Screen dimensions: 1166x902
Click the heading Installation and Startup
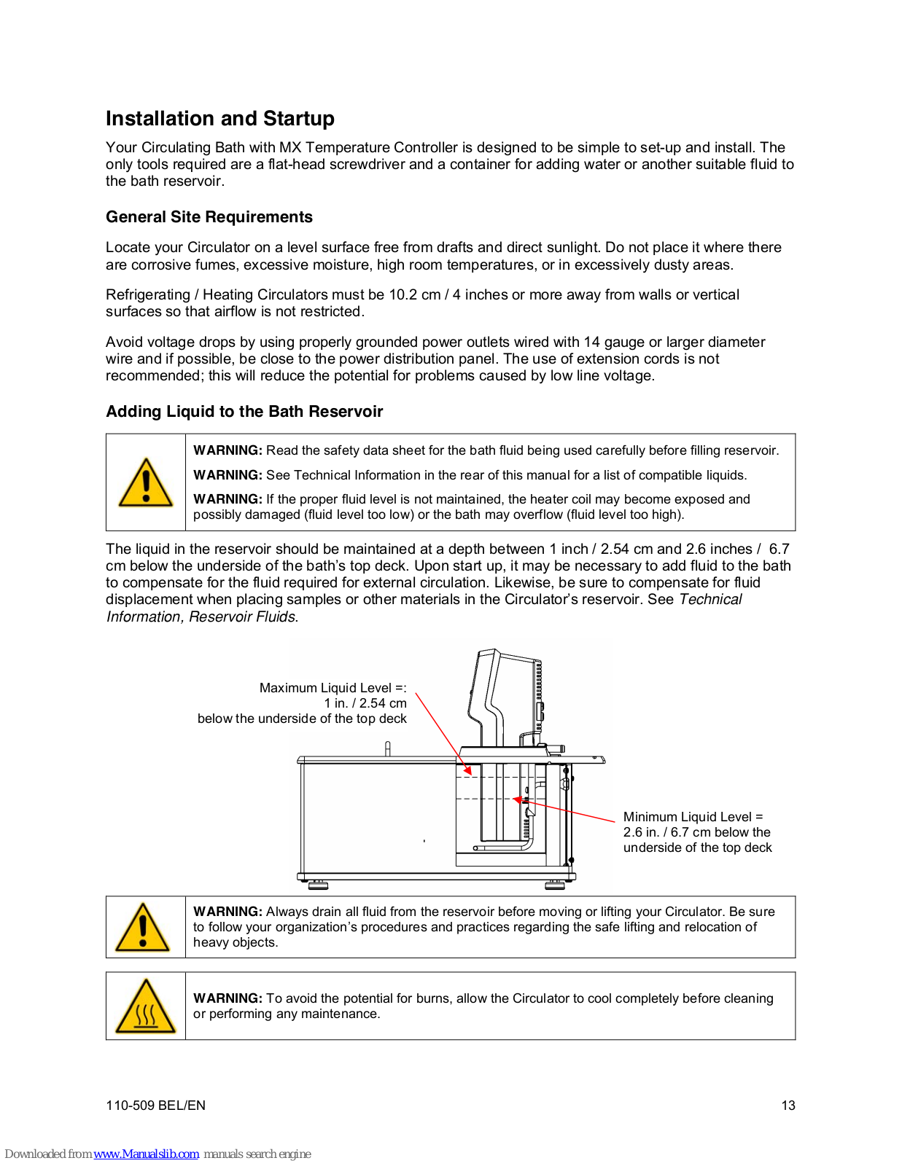[x=219, y=119]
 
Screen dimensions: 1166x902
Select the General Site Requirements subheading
[x=209, y=217]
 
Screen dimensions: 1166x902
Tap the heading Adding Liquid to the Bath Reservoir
[x=244, y=412]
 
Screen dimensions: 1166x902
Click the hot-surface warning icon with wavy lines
[x=146, y=1008]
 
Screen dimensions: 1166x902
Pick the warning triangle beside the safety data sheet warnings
[x=146, y=483]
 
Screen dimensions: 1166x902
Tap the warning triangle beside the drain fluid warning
[x=144, y=928]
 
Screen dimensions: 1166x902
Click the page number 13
[x=788, y=1106]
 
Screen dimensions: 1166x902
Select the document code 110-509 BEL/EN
[x=155, y=1106]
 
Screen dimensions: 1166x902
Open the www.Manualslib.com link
[x=146, y=1154]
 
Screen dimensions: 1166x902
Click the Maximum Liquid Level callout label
[x=333, y=688]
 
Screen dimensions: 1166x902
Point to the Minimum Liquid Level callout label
[x=693, y=817]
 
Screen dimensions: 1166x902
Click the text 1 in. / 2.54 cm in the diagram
[x=365, y=703]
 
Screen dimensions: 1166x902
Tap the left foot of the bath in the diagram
[x=318, y=885]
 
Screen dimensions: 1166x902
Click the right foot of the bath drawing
[x=555, y=885]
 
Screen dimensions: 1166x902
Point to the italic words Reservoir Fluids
[x=243, y=617]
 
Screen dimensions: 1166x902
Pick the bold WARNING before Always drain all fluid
[x=227, y=912]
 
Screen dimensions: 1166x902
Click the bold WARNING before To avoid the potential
[x=227, y=998]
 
